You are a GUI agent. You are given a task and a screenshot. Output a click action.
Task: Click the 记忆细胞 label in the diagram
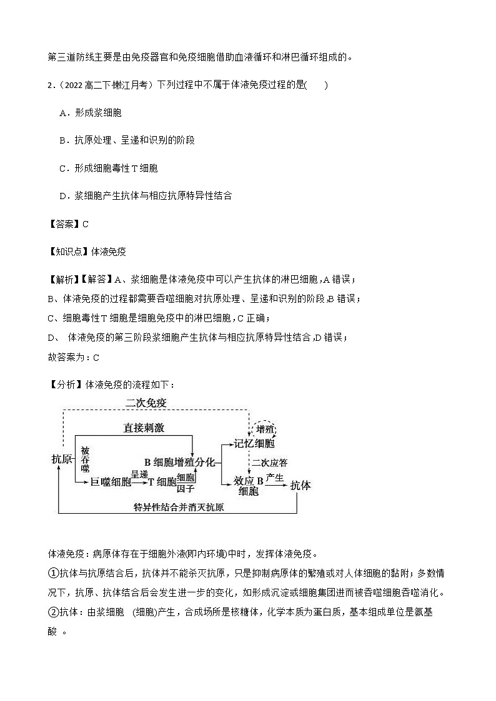click(x=254, y=444)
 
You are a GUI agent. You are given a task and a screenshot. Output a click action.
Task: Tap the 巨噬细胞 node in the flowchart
click(x=111, y=481)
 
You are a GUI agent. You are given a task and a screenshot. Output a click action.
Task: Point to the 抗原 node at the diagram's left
click(x=61, y=459)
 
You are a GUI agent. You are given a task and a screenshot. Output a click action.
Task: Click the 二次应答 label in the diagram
click(x=270, y=463)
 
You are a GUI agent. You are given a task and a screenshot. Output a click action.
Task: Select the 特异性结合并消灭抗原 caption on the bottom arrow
click(x=179, y=507)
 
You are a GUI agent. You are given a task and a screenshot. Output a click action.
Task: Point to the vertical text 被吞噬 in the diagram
click(x=85, y=459)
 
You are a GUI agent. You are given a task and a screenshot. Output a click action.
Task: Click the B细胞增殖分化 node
click(x=179, y=462)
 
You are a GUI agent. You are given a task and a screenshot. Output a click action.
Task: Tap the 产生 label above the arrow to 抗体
click(x=275, y=478)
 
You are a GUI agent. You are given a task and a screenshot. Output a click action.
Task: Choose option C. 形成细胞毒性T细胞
click(x=109, y=168)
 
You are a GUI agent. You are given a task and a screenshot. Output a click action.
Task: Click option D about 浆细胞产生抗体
click(x=146, y=195)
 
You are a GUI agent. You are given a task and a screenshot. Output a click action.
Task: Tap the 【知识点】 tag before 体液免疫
click(x=69, y=252)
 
